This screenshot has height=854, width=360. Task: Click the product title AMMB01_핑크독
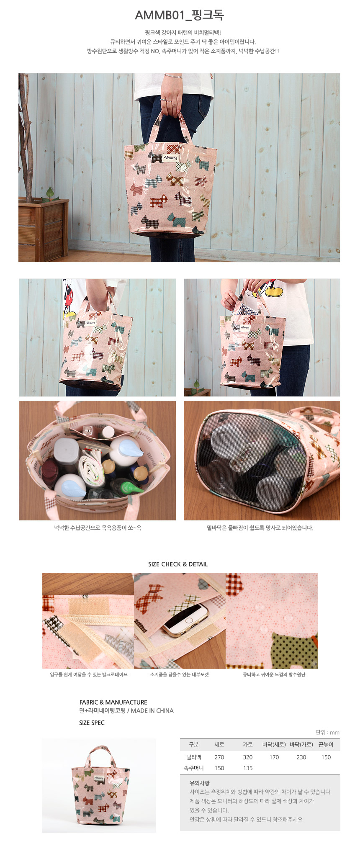(179, 15)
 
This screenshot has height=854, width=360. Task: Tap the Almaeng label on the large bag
(170, 158)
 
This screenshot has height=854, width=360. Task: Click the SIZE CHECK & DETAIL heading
(178, 564)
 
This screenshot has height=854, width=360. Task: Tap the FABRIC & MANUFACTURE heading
(113, 702)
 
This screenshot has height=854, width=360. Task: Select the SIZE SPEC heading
(92, 723)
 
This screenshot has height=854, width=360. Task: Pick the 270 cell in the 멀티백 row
(219, 757)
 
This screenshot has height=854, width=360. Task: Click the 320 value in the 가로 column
(248, 757)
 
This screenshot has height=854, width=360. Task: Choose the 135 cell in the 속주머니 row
(248, 768)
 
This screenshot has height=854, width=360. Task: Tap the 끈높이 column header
(326, 745)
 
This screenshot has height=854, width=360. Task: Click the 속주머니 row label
(194, 768)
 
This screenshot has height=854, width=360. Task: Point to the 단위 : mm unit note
(327, 732)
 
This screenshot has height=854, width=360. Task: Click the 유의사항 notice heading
(200, 783)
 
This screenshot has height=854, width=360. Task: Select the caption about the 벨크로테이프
(89, 674)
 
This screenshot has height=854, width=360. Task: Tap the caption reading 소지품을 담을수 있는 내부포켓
(179, 674)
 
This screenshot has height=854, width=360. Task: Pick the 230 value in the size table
(301, 757)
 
